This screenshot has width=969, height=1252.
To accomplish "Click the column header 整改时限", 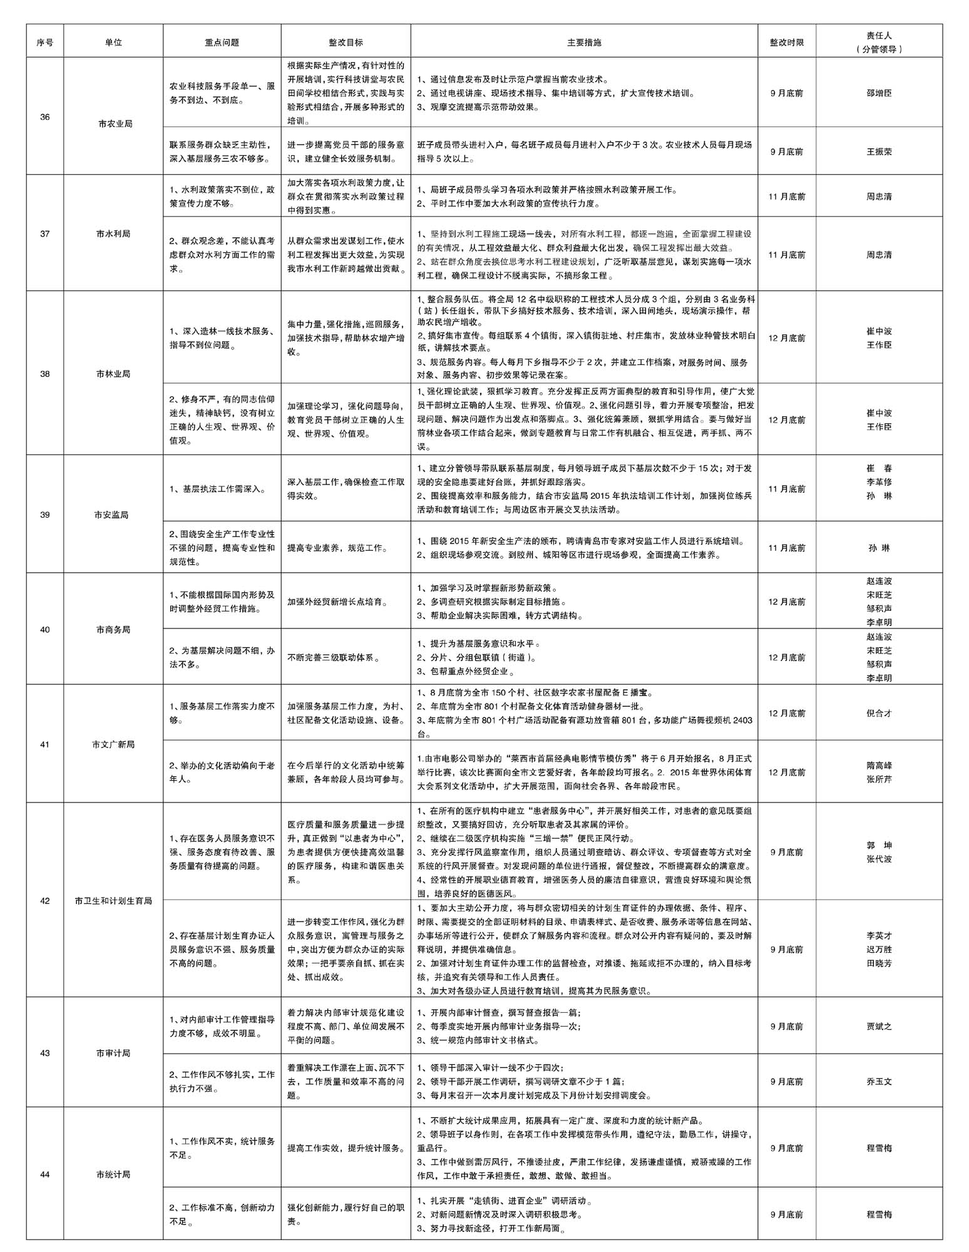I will click(786, 43).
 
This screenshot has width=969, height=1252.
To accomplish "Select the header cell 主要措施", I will click(583, 43).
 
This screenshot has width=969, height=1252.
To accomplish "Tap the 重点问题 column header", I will click(222, 43).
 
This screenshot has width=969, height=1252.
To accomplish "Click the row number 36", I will click(45, 117).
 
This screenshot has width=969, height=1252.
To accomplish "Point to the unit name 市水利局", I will click(113, 233).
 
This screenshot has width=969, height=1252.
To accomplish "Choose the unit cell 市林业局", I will click(113, 374).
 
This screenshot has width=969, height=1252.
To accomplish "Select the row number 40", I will click(45, 629).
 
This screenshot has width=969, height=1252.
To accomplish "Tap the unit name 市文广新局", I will click(113, 744).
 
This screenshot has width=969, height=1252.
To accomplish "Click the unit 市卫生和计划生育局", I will click(113, 901).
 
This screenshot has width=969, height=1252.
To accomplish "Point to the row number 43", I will click(45, 1053).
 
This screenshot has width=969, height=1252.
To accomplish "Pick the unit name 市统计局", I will click(113, 1174).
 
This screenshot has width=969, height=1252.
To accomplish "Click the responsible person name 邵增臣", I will click(879, 93).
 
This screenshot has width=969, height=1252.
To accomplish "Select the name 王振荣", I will click(879, 151).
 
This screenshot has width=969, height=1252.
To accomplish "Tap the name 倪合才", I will click(879, 713).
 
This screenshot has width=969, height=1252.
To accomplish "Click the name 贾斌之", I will click(879, 1027).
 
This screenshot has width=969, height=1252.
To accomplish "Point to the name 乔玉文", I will click(879, 1081).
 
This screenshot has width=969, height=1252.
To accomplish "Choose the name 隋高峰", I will click(879, 765).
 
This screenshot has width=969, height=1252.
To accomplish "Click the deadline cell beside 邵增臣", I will click(786, 93).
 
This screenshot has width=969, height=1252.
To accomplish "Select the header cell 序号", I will click(45, 43).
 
